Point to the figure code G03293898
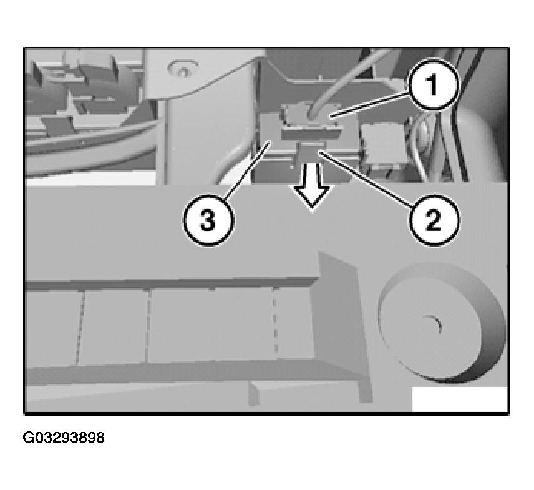pyautogui.click(x=64, y=438)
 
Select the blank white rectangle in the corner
pyautogui.click(x=460, y=399)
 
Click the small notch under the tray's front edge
pyautogui.click(x=255, y=393)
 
